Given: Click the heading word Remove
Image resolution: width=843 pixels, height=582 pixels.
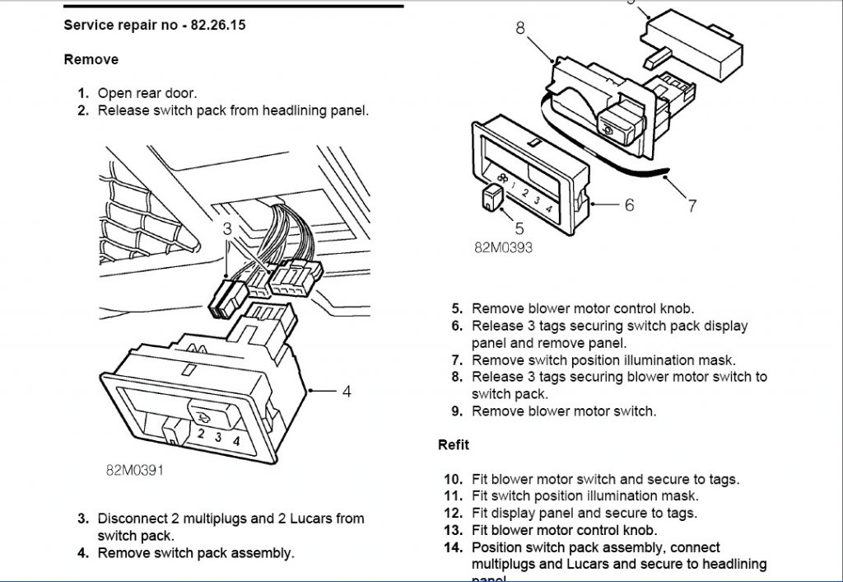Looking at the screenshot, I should click(x=91, y=59).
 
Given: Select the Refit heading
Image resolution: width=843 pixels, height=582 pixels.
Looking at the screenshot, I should click(x=454, y=444).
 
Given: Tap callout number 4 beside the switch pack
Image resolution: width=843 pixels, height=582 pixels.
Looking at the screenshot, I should click(x=347, y=392).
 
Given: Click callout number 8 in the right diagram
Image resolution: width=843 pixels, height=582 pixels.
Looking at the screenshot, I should click(x=520, y=28).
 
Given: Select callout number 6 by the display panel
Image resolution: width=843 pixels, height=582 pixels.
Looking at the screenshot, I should click(x=630, y=204).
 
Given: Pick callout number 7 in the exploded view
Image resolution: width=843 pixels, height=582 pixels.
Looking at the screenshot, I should click(x=692, y=205).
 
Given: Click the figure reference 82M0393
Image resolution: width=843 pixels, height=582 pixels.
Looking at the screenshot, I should click(x=503, y=246).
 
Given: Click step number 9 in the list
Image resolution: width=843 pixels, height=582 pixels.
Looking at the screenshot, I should click(x=457, y=411).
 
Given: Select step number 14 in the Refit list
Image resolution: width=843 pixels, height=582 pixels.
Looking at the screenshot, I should click(x=454, y=547).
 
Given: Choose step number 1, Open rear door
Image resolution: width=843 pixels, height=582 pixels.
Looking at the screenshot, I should click(x=83, y=93).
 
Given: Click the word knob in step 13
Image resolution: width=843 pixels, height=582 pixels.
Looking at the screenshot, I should click(x=640, y=530).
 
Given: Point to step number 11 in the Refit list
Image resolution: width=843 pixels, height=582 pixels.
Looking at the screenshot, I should click(x=454, y=495).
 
